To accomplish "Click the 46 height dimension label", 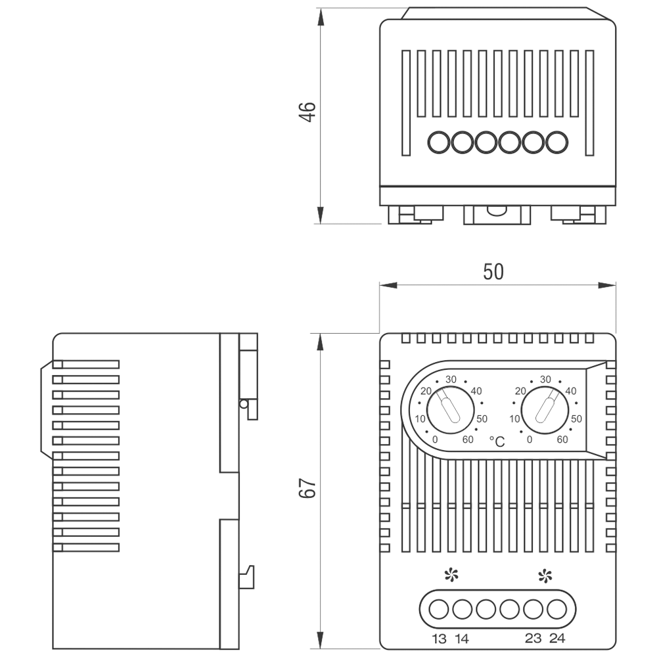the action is [x=307, y=112].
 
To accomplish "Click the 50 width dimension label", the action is [x=493, y=271].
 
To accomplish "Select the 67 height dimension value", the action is [x=307, y=487].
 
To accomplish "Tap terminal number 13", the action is [x=439, y=639].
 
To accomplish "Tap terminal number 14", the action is [x=461, y=639].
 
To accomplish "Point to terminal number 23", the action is [x=533, y=639].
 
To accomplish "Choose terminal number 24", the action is [x=557, y=639].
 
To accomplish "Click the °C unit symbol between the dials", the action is [x=497, y=442].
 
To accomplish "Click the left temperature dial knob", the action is [x=451, y=410].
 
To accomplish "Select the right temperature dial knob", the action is [x=545, y=410].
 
